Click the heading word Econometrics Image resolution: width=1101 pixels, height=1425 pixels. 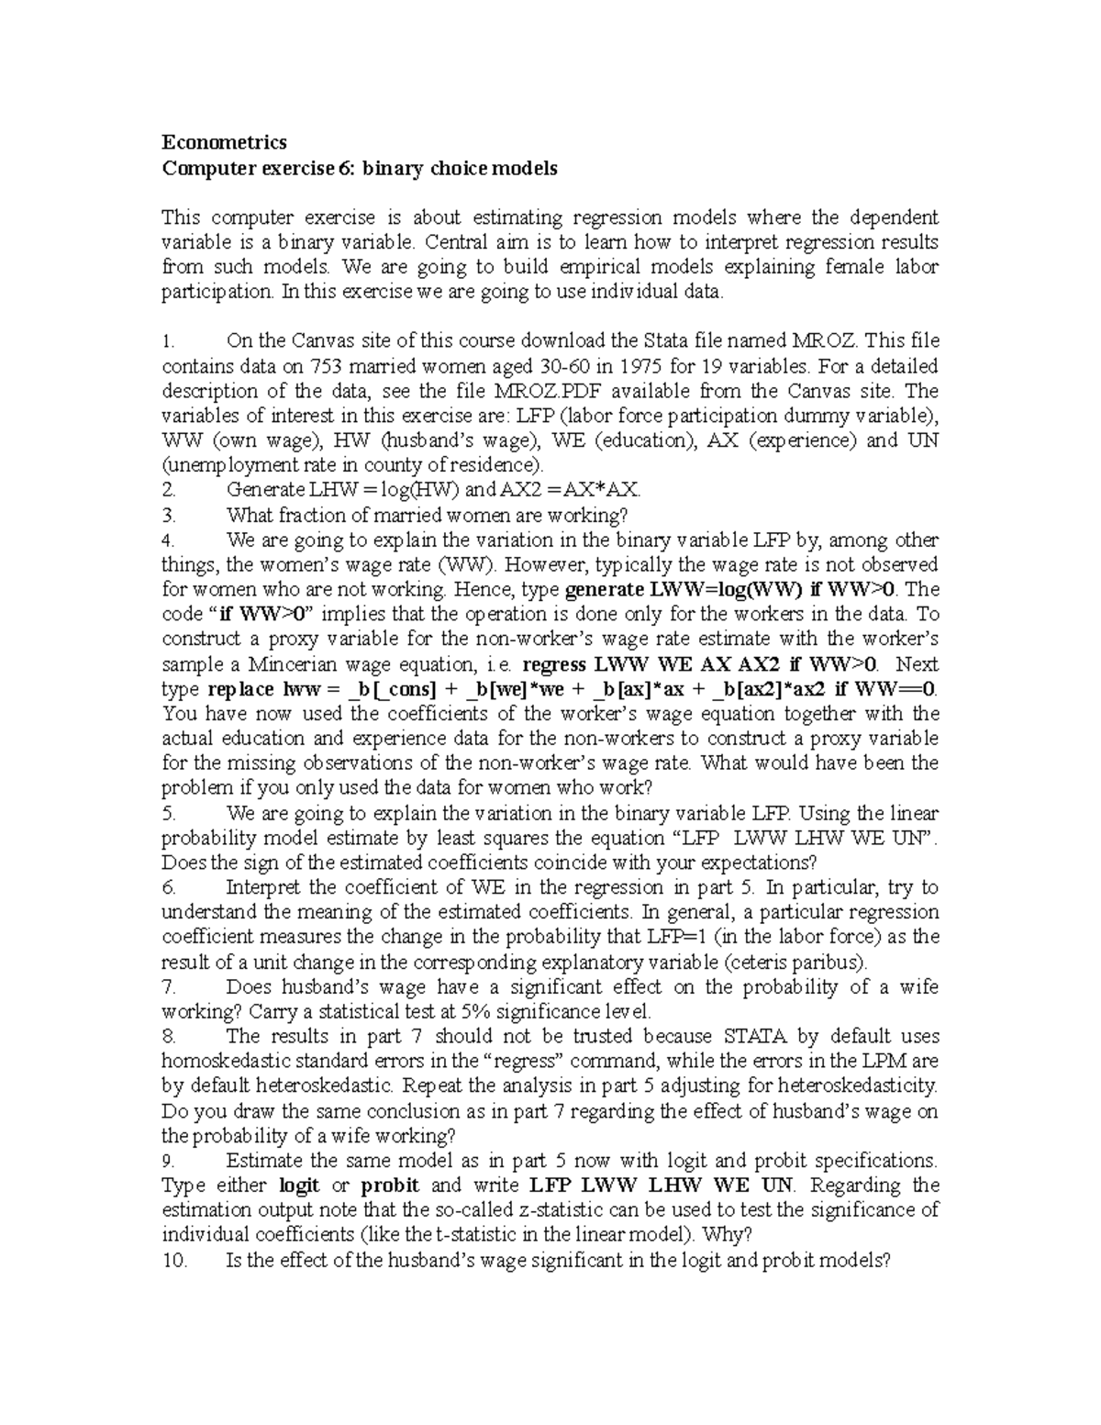pyautogui.click(x=224, y=142)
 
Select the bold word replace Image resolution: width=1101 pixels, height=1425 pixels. pyautogui.click(x=240, y=689)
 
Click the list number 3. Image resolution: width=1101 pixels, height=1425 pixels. pyautogui.click(x=168, y=515)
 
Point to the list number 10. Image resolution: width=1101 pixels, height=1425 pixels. pyautogui.click(x=173, y=1261)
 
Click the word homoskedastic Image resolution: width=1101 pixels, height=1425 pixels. pyautogui.click(x=220, y=1062)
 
